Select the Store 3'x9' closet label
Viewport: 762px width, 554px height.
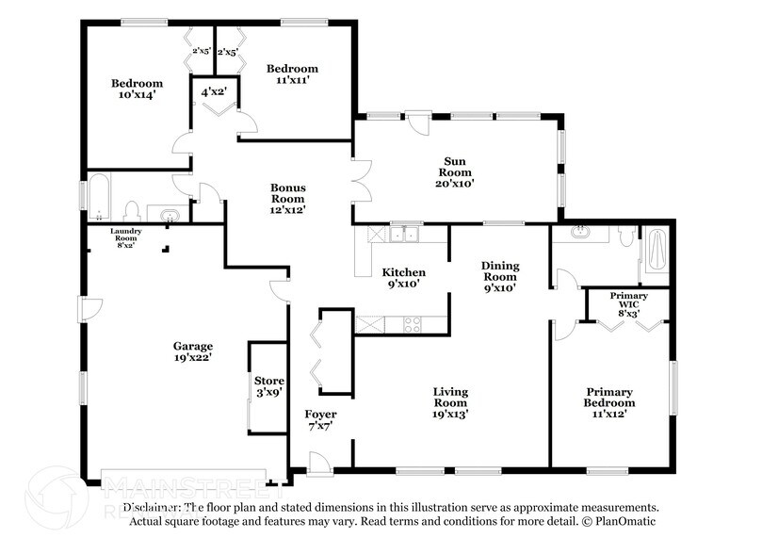pyautogui.click(x=268, y=386)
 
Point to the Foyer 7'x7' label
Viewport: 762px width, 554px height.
pyautogui.click(x=320, y=421)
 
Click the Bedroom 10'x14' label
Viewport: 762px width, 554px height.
pyautogui.click(x=137, y=89)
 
